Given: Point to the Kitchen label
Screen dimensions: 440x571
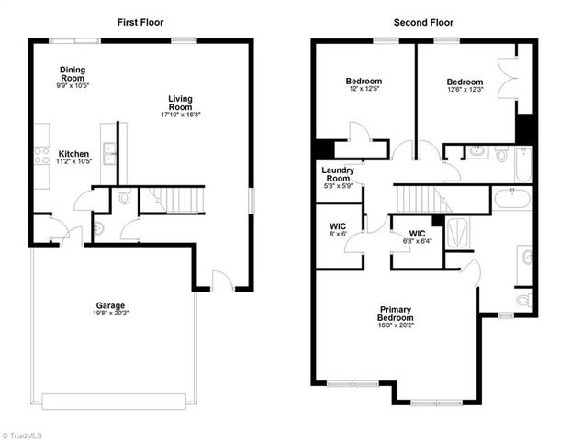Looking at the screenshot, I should click(73, 154).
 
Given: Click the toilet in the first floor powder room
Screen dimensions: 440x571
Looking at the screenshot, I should click(126, 197).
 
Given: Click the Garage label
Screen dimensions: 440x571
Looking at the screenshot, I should click(111, 305).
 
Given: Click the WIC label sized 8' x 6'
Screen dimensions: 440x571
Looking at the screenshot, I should click(337, 228).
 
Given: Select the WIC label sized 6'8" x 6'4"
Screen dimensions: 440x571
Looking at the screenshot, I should click(418, 236).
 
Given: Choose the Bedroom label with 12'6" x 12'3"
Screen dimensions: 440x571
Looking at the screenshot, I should click(464, 85).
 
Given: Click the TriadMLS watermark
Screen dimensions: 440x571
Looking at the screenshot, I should click(25, 434).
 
